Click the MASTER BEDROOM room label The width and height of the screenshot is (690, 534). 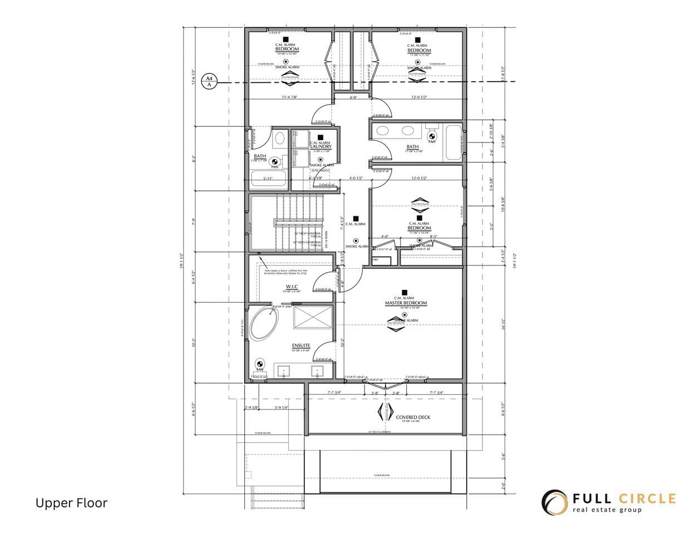coord(406,303)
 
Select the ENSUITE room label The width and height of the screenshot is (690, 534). coord(300,345)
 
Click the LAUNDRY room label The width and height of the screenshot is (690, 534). coord(321,146)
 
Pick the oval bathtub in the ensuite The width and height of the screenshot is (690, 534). coord(262,325)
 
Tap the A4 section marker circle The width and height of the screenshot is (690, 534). coord(209,82)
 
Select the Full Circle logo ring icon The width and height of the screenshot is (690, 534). coord(554,502)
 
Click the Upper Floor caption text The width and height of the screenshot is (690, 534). coord(71,503)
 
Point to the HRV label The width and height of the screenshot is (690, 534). coord(374,260)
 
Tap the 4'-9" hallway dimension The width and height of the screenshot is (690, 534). coord(353,97)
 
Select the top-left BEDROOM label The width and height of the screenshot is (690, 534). coord(287,50)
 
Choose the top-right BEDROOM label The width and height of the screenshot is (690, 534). coord(419,50)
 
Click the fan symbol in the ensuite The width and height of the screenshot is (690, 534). coord(259,365)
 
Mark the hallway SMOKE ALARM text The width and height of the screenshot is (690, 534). coord(357,246)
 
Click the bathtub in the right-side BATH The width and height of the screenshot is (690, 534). coord(454,141)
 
